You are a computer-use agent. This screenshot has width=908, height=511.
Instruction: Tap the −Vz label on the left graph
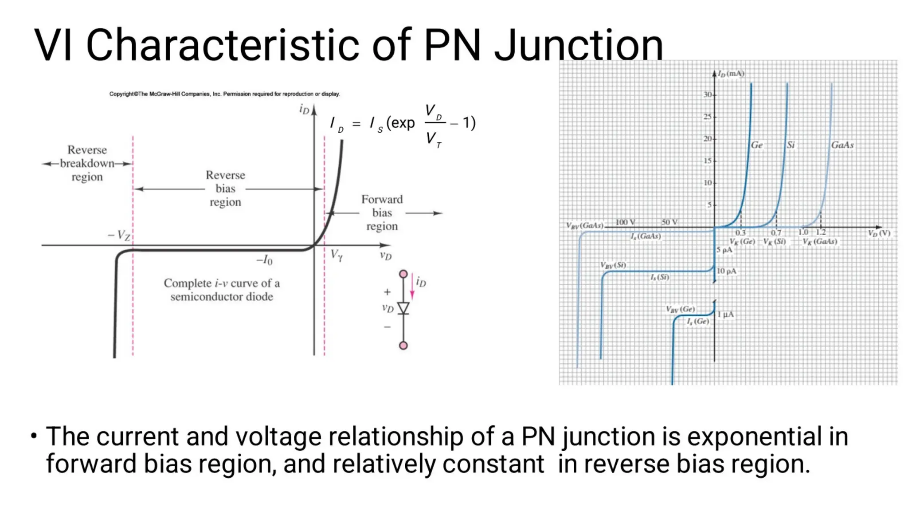click(x=119, y=235)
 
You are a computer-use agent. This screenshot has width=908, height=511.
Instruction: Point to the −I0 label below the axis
click(x=265, y=260)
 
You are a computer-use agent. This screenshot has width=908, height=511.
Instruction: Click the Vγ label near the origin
click(x=337, y=255)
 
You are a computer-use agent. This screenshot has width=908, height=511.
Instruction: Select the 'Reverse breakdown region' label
click(x=87, y=163)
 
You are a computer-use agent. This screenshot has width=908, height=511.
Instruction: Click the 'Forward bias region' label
click(x=382, y=213)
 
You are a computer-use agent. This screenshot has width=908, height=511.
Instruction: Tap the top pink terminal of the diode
click(x=403, y=274)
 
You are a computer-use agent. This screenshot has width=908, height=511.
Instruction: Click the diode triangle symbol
click(x=403, y=308)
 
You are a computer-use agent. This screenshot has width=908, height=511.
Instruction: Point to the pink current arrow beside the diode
click(x=412, y=287)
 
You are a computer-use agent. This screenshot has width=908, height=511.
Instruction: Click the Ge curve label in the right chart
click(x=757, y=145)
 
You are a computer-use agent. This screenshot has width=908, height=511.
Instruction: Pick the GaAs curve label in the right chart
click(x=842, y=145)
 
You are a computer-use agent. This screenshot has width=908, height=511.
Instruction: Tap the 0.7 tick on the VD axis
click(x=776, y=233)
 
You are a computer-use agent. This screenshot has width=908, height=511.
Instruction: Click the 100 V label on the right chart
click(x=625, y=222)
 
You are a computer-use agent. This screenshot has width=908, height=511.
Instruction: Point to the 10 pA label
click(x=727, y=271)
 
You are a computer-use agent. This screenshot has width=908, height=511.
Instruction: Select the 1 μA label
click(x=726, y=314)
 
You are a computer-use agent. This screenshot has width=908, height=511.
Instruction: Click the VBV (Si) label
click(x=613, y=265)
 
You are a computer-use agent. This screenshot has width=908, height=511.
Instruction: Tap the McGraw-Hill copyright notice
click(x=224, y=94)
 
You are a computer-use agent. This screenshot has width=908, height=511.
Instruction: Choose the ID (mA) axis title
click(x=731, y=74)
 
